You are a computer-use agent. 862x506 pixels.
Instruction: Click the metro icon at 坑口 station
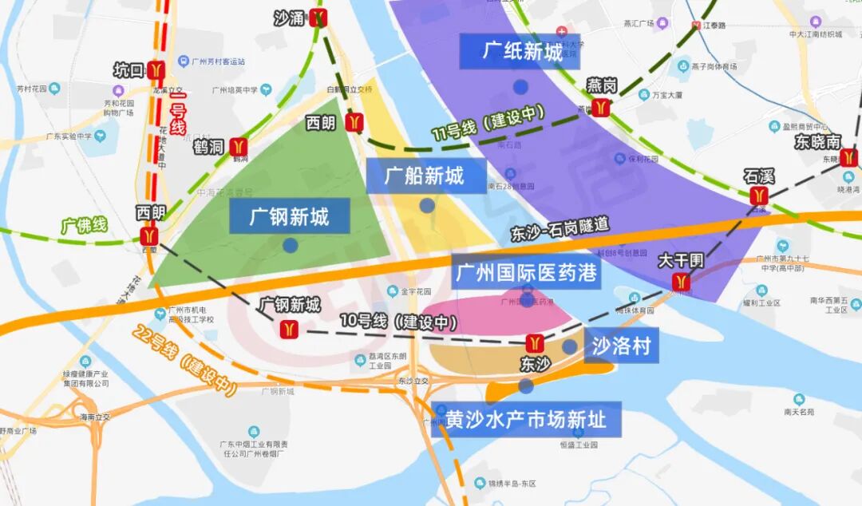[156, 70]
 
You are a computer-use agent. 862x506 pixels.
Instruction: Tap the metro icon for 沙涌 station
[320, 18]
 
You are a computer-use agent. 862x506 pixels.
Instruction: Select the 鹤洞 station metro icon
[238, 147]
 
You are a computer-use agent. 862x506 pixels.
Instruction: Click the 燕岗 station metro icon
[602, 108]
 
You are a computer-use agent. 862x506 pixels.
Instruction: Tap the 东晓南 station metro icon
[848, 157]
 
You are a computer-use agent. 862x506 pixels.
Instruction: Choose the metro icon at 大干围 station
[681, 281]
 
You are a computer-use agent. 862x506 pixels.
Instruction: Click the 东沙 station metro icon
[535, 343]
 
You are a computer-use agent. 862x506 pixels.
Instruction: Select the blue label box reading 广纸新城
[520, 51]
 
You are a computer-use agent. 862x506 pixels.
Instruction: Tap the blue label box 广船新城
[425, 176]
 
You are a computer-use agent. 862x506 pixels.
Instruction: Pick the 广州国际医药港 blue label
[526, 273]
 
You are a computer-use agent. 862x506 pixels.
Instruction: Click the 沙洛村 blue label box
[621, 346]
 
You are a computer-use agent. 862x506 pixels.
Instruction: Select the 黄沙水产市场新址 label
[525, 419]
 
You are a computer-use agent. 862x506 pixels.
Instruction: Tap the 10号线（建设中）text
[398, 322]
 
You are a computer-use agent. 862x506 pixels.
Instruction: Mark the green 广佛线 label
[84, 225]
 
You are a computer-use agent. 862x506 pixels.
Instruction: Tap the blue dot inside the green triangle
[290, 245]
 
